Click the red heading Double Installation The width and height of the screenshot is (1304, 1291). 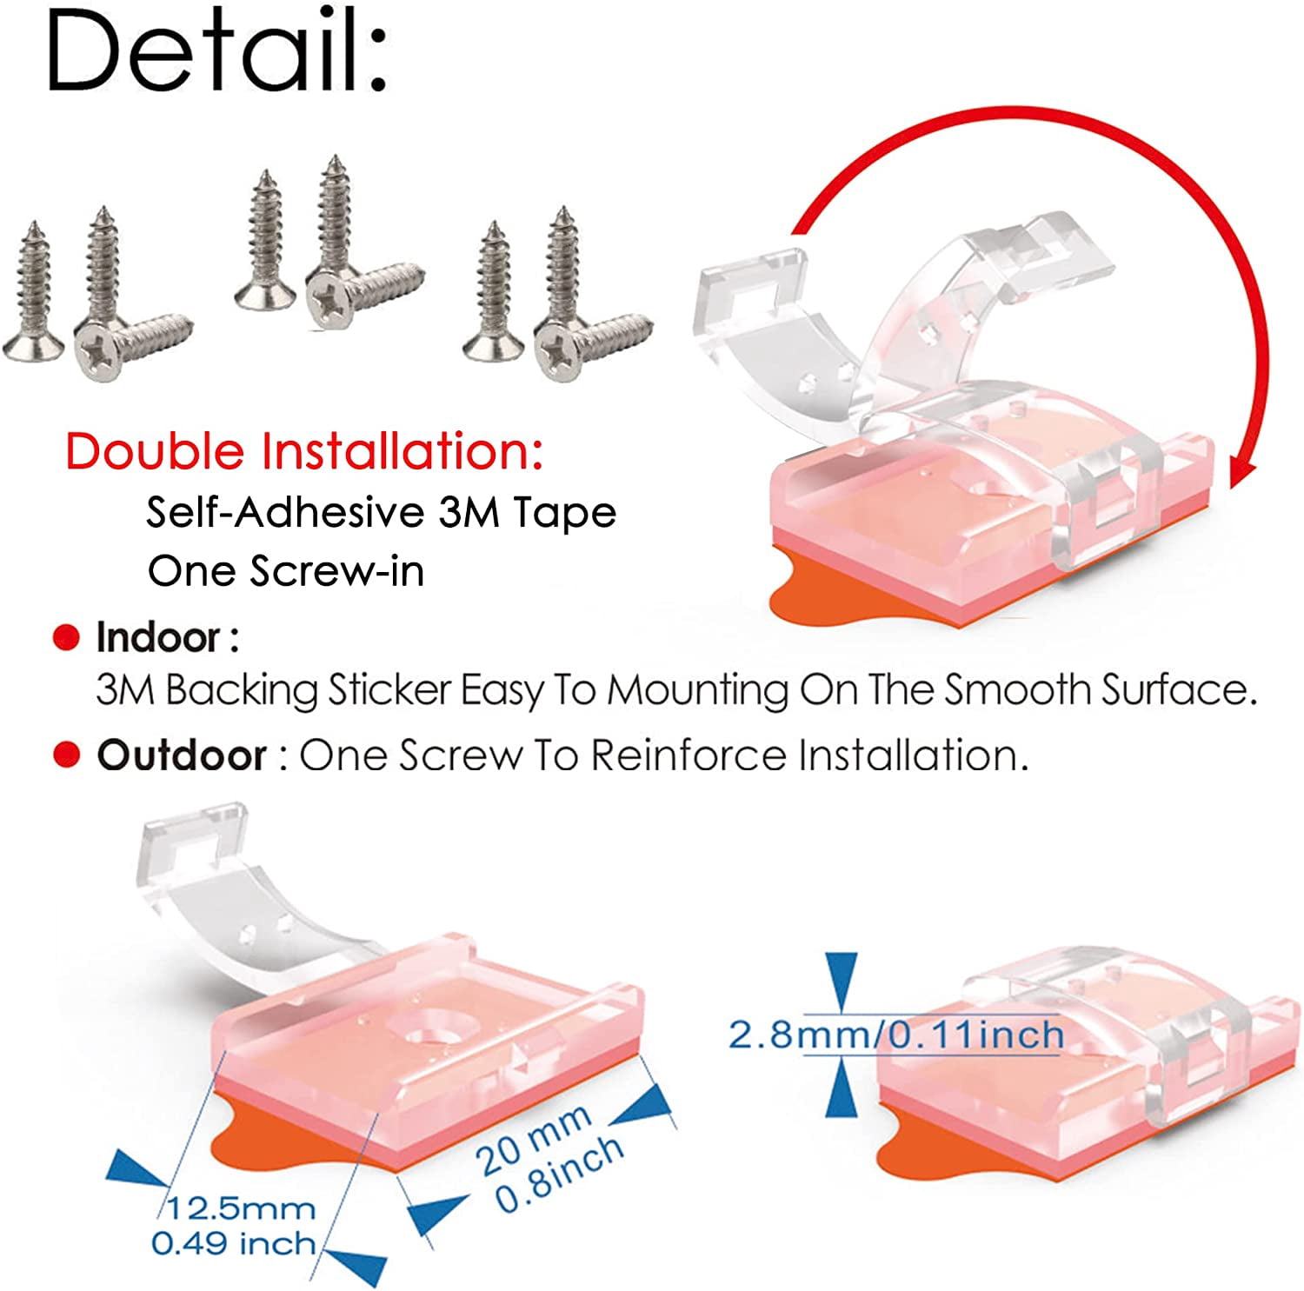pos(303,452)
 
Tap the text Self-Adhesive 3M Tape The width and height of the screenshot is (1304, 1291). pos(381,512)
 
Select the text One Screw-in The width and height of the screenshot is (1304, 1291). pos(286,571)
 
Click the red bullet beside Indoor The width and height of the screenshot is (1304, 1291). pos(66,638)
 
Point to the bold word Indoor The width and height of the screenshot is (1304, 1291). pos(158,637)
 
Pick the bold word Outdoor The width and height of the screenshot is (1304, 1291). pos(182,755)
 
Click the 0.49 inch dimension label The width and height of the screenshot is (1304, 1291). pos(233,1243)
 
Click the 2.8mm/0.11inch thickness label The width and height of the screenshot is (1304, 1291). pos(895,1035)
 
